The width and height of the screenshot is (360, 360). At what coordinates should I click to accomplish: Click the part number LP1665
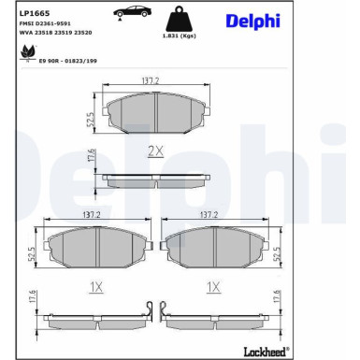tap(30, 13)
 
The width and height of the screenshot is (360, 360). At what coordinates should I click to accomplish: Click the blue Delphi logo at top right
tap(252, 22)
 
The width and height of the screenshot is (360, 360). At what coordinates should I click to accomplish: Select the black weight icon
tap(179, 19)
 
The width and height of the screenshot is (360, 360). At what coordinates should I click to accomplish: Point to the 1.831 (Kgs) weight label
tap(180, 36)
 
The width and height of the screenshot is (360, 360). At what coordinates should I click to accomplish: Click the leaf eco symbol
tap(28, 52)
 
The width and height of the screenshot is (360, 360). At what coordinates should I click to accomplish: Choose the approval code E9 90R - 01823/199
tap(68, 61)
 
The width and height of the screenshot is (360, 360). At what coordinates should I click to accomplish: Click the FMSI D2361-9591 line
tap(45, 23)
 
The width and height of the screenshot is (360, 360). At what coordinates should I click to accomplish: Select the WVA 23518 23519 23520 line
tap(55, 33)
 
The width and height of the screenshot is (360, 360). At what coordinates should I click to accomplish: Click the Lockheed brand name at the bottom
tap(265, 353)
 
